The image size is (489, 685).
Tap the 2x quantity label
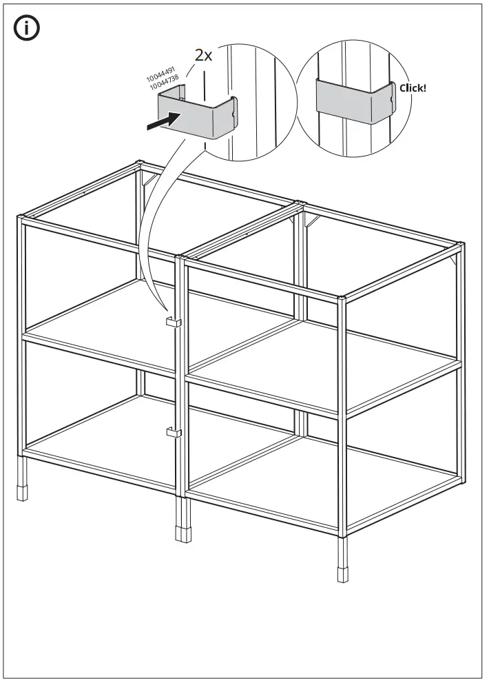point(204,56)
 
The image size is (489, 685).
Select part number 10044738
point(165,83)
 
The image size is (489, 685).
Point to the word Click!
point(413,88)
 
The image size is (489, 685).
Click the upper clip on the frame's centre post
point(172,323)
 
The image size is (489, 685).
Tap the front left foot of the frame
point(23,494)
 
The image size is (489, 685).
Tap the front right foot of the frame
point(342,574)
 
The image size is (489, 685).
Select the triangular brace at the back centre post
point(311,220)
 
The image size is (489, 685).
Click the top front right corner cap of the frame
point(342,299)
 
